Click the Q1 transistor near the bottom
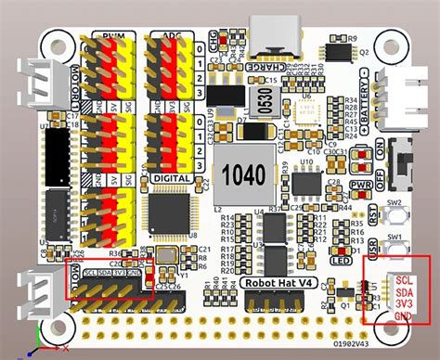344,295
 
